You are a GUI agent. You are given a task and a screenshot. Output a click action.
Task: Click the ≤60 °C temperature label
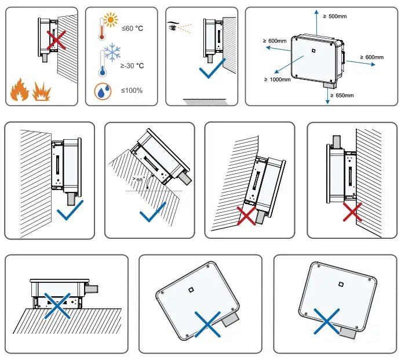tap(132, 28)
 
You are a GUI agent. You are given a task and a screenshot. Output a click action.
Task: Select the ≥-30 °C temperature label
tap(132, 66)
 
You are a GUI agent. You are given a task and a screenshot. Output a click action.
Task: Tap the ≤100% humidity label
tap(132, 90)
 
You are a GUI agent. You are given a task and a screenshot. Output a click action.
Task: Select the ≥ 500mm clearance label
tap(337, 16)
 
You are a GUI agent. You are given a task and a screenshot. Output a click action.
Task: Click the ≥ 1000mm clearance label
tap(277, 79)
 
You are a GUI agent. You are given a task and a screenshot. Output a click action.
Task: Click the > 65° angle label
tap(138, 180)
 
